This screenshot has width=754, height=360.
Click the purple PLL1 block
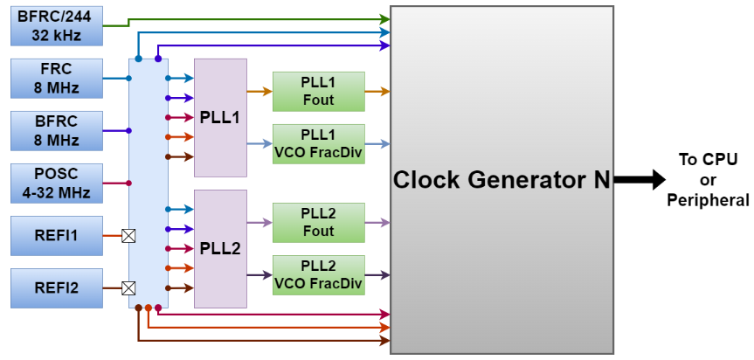(220, 117)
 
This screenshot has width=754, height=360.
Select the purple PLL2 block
(220, 248)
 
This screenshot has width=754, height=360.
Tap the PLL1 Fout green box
(318, 91)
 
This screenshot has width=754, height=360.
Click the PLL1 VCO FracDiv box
(318, 143)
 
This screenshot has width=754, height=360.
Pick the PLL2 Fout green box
(318, 223)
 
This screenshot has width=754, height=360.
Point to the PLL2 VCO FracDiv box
(318, 274)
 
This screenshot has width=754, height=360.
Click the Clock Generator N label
(502, 180)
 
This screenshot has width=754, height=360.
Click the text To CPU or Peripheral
(708, 180)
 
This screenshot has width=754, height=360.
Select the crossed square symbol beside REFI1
(129, 235)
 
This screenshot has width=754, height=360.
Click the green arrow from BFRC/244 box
(253, 18)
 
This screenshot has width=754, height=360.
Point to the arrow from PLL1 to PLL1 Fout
(259, 91)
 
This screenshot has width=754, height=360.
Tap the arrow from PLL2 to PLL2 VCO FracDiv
(259, 274)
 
